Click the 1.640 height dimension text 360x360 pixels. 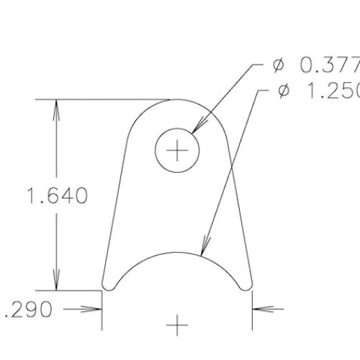[56, 194]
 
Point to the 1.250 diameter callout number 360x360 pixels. [332, 93]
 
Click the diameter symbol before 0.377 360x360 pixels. [279, 66]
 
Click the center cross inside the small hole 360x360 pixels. [176, 151]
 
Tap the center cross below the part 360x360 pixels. [177, 326]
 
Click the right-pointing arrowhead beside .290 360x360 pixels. [94, 311]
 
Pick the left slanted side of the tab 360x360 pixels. [114, 209]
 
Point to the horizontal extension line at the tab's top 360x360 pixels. [108, 99]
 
